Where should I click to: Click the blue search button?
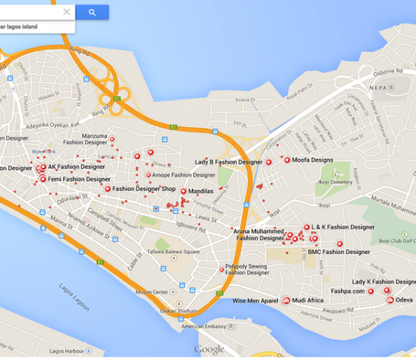tap(92, 12)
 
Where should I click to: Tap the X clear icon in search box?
tap(66, 12)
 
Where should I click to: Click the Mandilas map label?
tap(201, 191)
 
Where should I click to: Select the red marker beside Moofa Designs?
tap(287, 160)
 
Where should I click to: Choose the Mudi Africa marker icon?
tap(286, 300)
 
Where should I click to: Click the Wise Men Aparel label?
tap(256, 300)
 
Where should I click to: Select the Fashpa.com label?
tap(347, 291)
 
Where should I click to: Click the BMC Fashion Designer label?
tap(339, 252)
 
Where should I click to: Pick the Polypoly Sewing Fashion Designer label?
tap(247, 270)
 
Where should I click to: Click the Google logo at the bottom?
tap(209, 349)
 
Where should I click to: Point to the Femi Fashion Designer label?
tap(79, 179)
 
